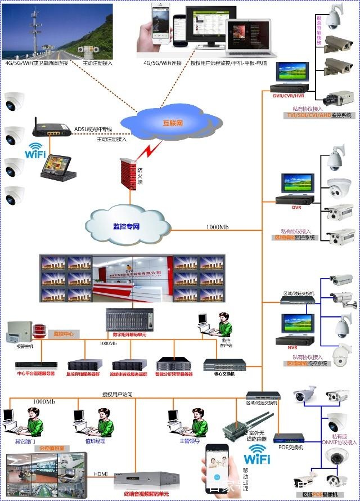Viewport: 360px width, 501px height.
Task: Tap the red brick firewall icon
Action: click(129, 175)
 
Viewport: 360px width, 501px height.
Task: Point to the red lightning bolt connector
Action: click(148, 151)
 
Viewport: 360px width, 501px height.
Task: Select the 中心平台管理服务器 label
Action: click(35, 374)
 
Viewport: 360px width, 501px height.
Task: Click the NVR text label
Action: click(292, 348)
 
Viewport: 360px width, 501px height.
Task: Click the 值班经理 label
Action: click(94, 441)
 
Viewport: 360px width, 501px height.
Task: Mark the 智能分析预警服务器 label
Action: click(174, 374)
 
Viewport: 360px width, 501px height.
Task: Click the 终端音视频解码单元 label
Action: click(148, 494)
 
